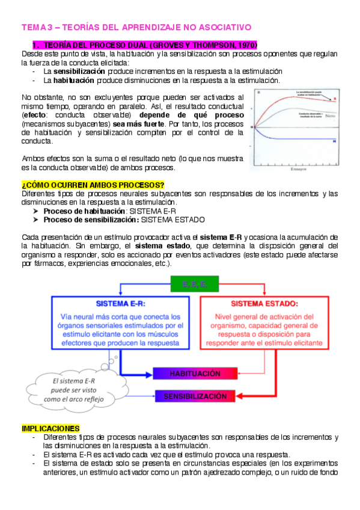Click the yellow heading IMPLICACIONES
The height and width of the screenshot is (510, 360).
tap(50, 428)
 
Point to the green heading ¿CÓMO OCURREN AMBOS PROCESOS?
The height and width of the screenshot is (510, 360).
tap(93, 185)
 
